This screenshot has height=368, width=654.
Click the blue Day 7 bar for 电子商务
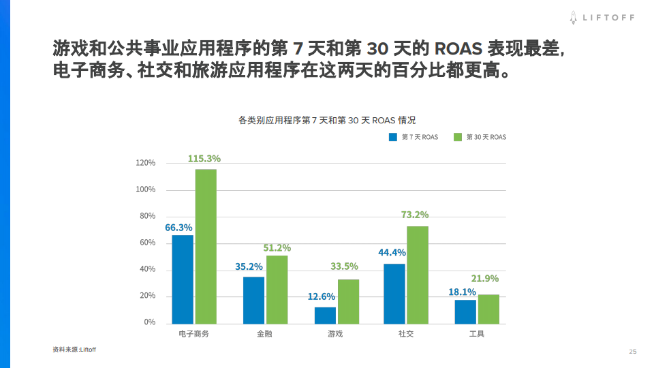183,279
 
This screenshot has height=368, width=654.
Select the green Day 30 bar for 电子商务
206,247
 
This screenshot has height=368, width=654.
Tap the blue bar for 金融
253,300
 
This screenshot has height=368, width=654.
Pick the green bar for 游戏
348,301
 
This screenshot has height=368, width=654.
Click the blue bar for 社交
394,294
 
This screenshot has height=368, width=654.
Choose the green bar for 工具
488,309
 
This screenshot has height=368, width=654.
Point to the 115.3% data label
204,159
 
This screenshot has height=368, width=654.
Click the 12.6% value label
322,296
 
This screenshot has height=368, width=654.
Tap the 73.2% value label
415,215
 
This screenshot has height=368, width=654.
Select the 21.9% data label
485,278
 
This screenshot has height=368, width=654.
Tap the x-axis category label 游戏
335,334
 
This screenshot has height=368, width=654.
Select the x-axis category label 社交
406,334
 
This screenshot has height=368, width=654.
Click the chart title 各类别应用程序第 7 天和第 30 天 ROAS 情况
327,119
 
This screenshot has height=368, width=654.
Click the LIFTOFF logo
602,18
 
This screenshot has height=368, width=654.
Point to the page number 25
632,352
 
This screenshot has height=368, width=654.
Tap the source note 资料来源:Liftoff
74,350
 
